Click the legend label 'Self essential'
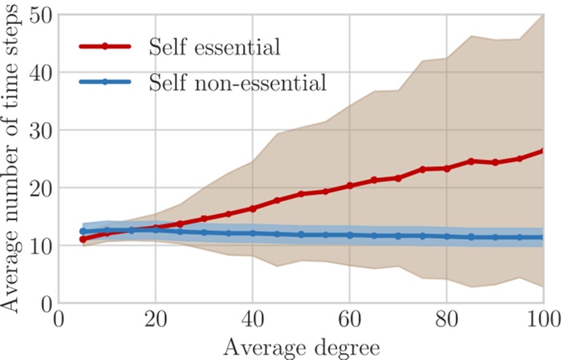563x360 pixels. pos(214,47)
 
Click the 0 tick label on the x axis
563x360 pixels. pos(59,320)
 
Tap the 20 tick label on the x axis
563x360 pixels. pos(155,320)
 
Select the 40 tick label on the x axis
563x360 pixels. pos(252,320)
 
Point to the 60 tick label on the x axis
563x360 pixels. pos(349,320)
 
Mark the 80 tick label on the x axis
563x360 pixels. pos(446,320)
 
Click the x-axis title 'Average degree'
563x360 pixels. pos(300,347)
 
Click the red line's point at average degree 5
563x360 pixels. pos(83,239)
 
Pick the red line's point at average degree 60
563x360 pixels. pos(349,186)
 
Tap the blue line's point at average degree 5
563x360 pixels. pos(83,231)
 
